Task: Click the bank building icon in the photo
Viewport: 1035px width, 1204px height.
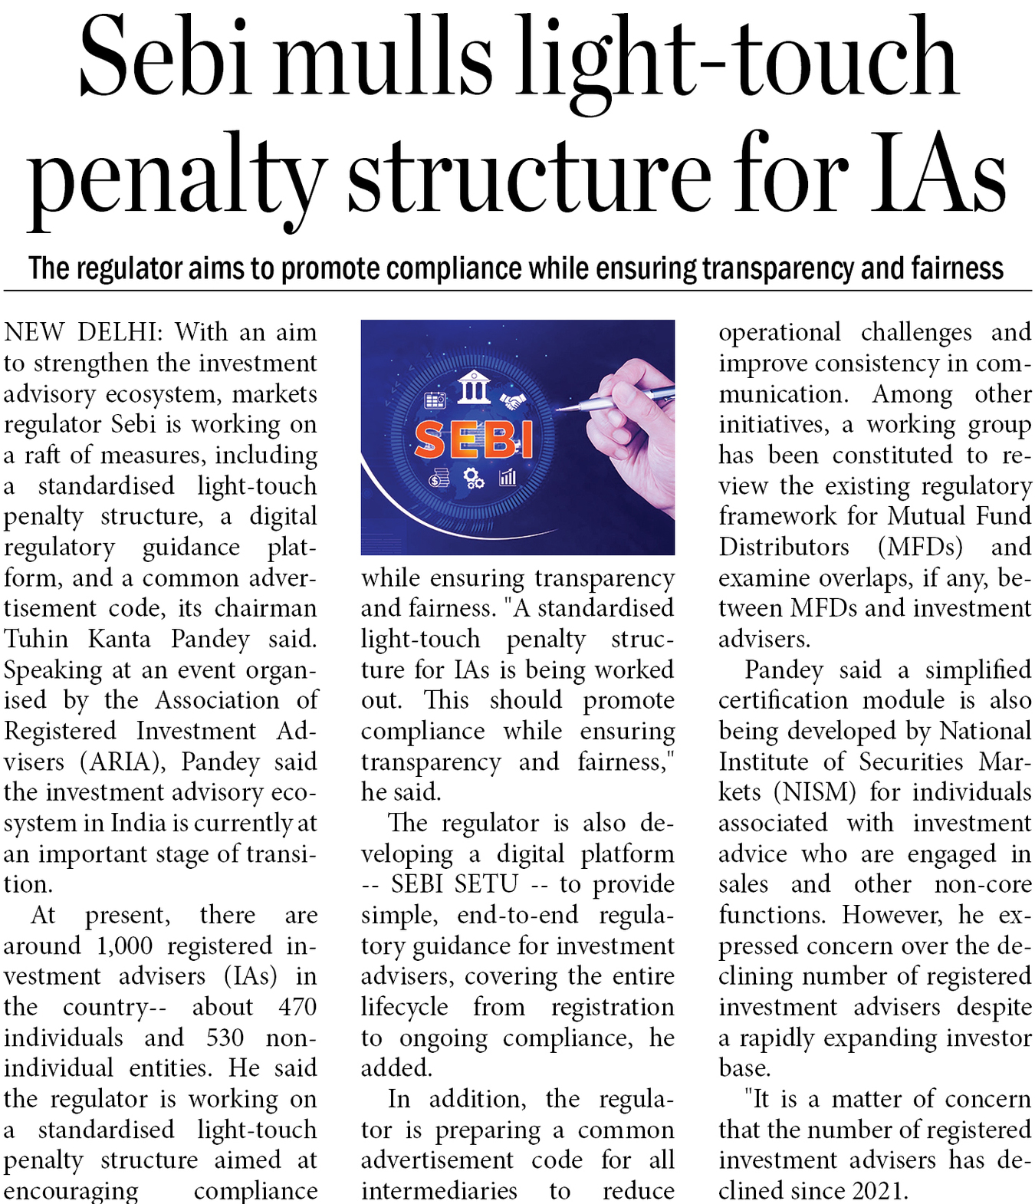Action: click(474, 387)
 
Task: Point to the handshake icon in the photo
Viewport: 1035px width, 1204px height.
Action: click(512, 400)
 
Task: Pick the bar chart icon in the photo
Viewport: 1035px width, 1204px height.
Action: click(508, 478)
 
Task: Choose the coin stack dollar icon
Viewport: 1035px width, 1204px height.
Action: click(439, 479)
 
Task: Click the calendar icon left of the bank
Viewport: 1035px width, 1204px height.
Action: click(435, 400)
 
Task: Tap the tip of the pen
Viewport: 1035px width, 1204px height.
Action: click(559, 410)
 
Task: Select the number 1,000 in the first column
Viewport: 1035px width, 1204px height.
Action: click(124, 946)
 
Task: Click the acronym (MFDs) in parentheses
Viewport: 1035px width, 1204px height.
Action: click(920, 547)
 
